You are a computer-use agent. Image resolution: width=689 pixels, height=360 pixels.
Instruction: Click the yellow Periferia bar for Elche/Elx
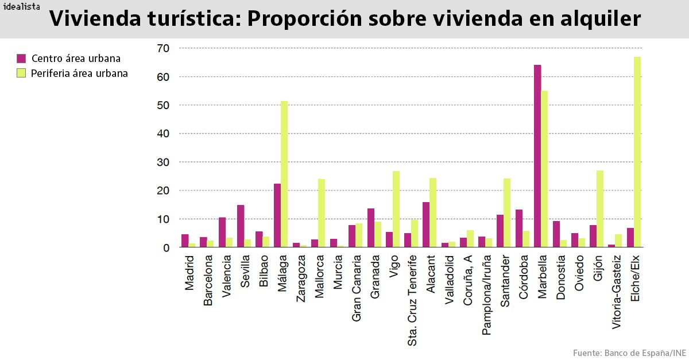[x=637, y=152]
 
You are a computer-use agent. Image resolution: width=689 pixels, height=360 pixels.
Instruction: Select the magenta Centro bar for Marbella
[x=537, y=156]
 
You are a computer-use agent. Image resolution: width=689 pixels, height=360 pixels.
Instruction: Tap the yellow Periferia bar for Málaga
[x=284, y=174]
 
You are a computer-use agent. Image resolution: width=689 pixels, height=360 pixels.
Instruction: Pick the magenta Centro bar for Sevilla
[x=241, y=226]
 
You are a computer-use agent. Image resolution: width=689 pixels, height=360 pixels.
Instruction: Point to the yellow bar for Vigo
[x=396, y=209]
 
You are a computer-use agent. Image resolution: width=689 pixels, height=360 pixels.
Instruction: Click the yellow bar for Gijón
[x=600, y=209]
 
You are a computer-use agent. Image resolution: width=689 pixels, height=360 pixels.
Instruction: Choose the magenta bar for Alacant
[x=426, y=224]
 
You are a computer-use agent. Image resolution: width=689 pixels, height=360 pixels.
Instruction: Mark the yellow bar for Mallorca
[x=322, y=213]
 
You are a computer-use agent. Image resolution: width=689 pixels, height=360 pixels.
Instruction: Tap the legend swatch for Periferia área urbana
[x=21, y=73]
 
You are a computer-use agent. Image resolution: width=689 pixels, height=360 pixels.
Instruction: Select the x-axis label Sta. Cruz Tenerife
[x=413, y=300]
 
